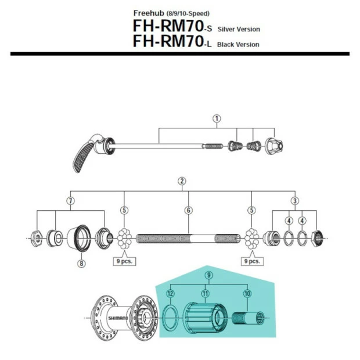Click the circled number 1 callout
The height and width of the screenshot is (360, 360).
(217, 118)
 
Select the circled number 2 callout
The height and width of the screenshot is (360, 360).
(182, 181)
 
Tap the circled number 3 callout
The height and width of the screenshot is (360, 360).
(295, 200)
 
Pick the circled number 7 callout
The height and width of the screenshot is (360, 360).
(70, 200)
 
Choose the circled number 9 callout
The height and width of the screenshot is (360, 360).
(209, 275)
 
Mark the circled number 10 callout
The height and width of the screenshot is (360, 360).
(247, 295)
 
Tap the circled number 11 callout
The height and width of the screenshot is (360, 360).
(204, 295)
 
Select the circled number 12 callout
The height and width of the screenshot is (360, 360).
(170, 295)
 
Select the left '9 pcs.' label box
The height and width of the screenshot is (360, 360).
(124, 261)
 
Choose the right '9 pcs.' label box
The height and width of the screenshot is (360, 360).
(251, 261)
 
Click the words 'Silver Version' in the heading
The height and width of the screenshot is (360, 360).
(239, 29)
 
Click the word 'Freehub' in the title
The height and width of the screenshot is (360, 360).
(148, 13)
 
